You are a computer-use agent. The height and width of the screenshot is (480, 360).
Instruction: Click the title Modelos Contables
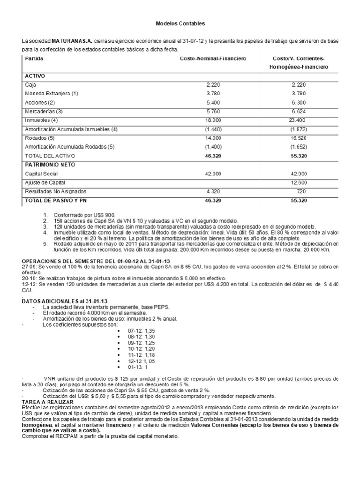click(x=180, y=23)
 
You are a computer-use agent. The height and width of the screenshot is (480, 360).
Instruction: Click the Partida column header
click(x=32, y=59)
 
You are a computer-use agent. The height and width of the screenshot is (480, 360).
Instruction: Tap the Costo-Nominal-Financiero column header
click(x=213, y=59)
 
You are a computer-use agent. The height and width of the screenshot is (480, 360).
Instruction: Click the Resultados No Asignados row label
click(x=52, y=191)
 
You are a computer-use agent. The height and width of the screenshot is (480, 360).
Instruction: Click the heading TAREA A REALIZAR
click(x=45, y=402)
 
